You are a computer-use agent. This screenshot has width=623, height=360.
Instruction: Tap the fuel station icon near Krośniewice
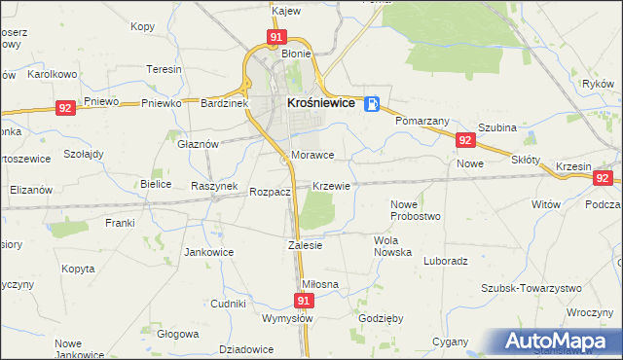[372, 103]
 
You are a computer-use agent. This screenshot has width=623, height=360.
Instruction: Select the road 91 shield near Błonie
[276, 37]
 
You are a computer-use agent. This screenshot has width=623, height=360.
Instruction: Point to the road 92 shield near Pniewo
[65, 109]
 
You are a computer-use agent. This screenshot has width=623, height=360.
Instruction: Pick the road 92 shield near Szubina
[464, 141]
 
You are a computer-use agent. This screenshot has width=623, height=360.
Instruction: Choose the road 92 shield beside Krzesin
[604, 178]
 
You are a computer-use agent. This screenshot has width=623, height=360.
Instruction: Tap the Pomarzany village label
[421, 122]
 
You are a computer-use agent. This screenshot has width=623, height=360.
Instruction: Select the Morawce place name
[312, 156]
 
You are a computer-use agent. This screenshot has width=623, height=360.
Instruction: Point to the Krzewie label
[332, 185]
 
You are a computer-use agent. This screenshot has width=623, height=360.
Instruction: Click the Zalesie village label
[305, 245]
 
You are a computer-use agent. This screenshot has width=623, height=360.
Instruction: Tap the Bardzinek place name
[226, 102]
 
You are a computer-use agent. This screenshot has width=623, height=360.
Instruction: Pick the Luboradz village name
[447, 261]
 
